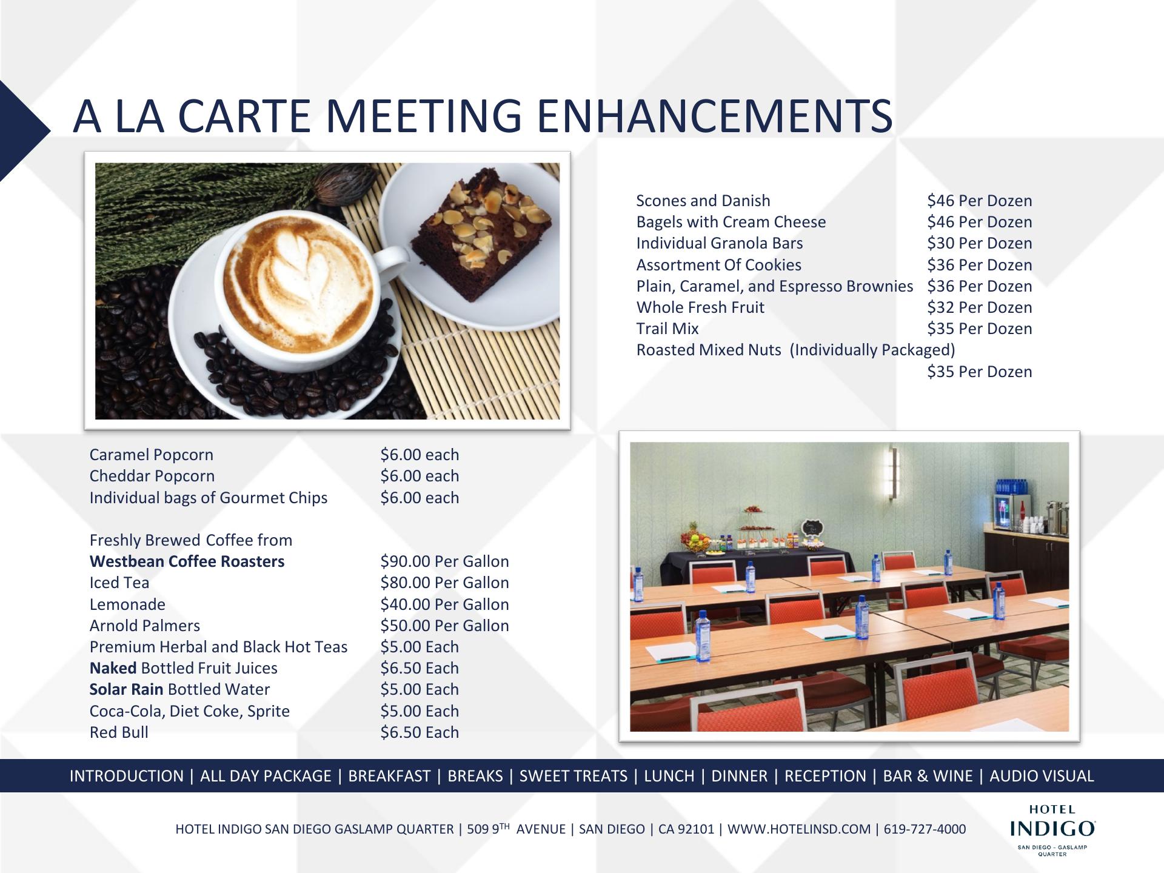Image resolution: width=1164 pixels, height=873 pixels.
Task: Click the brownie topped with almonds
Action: (x=481, y=233)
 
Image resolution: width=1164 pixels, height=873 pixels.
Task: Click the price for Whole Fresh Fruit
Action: (x=979, y=307)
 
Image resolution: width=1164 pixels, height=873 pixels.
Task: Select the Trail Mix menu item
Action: (x=667, y=329)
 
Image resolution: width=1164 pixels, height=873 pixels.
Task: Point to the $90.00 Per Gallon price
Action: (x=444, y=561)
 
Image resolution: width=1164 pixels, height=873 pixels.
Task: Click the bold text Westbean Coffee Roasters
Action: (x=187, y=561)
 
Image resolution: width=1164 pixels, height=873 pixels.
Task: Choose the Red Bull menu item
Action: (x=119, y=732)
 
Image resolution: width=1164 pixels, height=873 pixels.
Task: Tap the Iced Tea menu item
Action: (x=119, y=583)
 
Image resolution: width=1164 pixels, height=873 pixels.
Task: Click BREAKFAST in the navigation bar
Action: (x=389, y=776)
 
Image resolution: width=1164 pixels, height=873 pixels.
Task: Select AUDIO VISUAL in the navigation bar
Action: (x=1042, y=776)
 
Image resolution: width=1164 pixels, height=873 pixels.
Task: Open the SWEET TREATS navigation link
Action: (x=574, y=776)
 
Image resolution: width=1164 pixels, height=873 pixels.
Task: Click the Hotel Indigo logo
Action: (x=1052, y=830)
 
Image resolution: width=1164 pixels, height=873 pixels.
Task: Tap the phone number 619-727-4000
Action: (x=925, y=829)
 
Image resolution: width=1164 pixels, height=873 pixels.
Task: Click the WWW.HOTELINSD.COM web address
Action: (x=798, y=829)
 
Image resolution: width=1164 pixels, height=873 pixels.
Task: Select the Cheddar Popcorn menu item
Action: (x=152, y=476)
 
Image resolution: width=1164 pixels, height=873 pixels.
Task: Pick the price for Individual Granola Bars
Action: (x=979, y=243)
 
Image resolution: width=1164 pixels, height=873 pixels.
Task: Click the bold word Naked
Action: (x=113, y=668)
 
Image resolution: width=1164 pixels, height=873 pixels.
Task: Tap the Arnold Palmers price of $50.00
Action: (x=444, y=626)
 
